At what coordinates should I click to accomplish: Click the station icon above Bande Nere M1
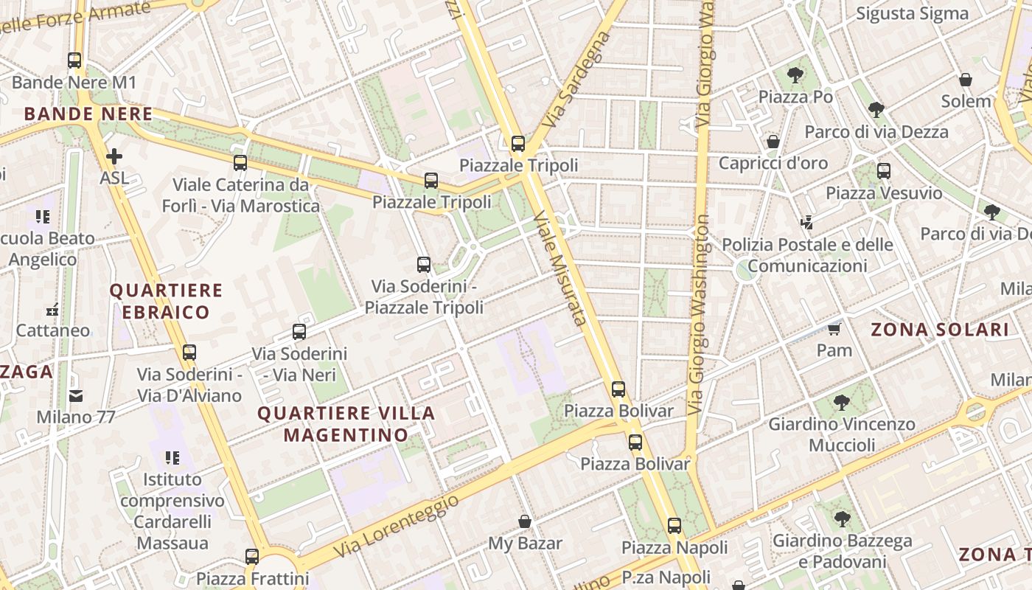(x=74, y=60)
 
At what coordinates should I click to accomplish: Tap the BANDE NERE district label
(x=88, y=114)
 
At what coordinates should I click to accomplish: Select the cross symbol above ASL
(x=114, y=156)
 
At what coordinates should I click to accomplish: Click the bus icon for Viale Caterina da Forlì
(x=240, y=163)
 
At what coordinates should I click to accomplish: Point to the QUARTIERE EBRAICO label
(x=166, y=301)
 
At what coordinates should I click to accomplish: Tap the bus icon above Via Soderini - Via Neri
(x=299, y=332)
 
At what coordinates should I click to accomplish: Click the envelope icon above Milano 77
(x=76, y=396)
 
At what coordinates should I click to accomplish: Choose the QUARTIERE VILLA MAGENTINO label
(x=346, y=424)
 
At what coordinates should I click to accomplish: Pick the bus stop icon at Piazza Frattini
(x=252, y=557)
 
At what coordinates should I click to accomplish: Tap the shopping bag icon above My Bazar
(x=525, y=522)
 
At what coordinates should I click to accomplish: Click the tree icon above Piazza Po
(x=795, y=74)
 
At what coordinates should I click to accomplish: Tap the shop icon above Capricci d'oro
(x=773, y=141)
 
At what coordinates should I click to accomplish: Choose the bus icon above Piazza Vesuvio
(x=884, y=171)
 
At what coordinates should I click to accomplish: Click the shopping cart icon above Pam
(x=834, y=328)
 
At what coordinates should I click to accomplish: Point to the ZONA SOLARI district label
(x=940, y=330)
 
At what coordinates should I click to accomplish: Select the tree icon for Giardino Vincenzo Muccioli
(x=842, y=402)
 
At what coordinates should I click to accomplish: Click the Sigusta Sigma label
(x=913, y=13)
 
